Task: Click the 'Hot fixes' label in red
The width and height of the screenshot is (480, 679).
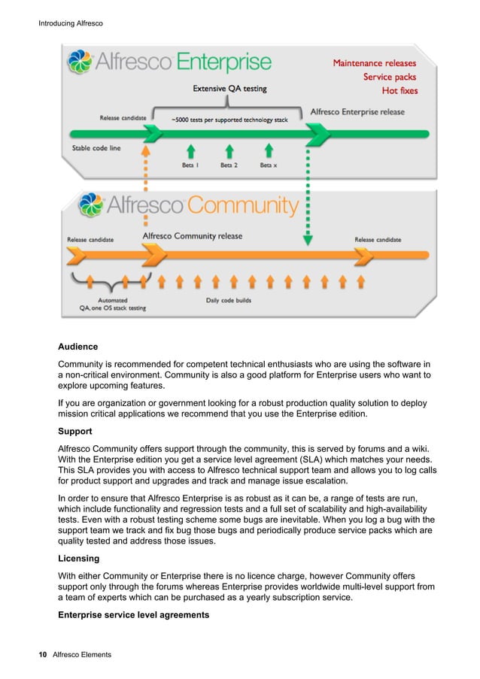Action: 399,91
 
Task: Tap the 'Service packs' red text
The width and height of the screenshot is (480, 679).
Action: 389,77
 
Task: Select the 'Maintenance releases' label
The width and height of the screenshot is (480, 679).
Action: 375,63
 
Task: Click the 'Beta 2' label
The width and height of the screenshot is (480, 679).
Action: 229,165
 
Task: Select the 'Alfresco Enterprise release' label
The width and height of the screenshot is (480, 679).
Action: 357,112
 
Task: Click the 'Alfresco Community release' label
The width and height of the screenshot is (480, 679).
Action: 193,236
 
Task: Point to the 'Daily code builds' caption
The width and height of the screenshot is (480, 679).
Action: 229,301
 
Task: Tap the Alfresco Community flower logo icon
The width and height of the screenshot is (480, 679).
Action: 93,205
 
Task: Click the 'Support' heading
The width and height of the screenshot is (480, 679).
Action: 76,432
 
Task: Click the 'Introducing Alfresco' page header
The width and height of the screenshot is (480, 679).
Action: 69,24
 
